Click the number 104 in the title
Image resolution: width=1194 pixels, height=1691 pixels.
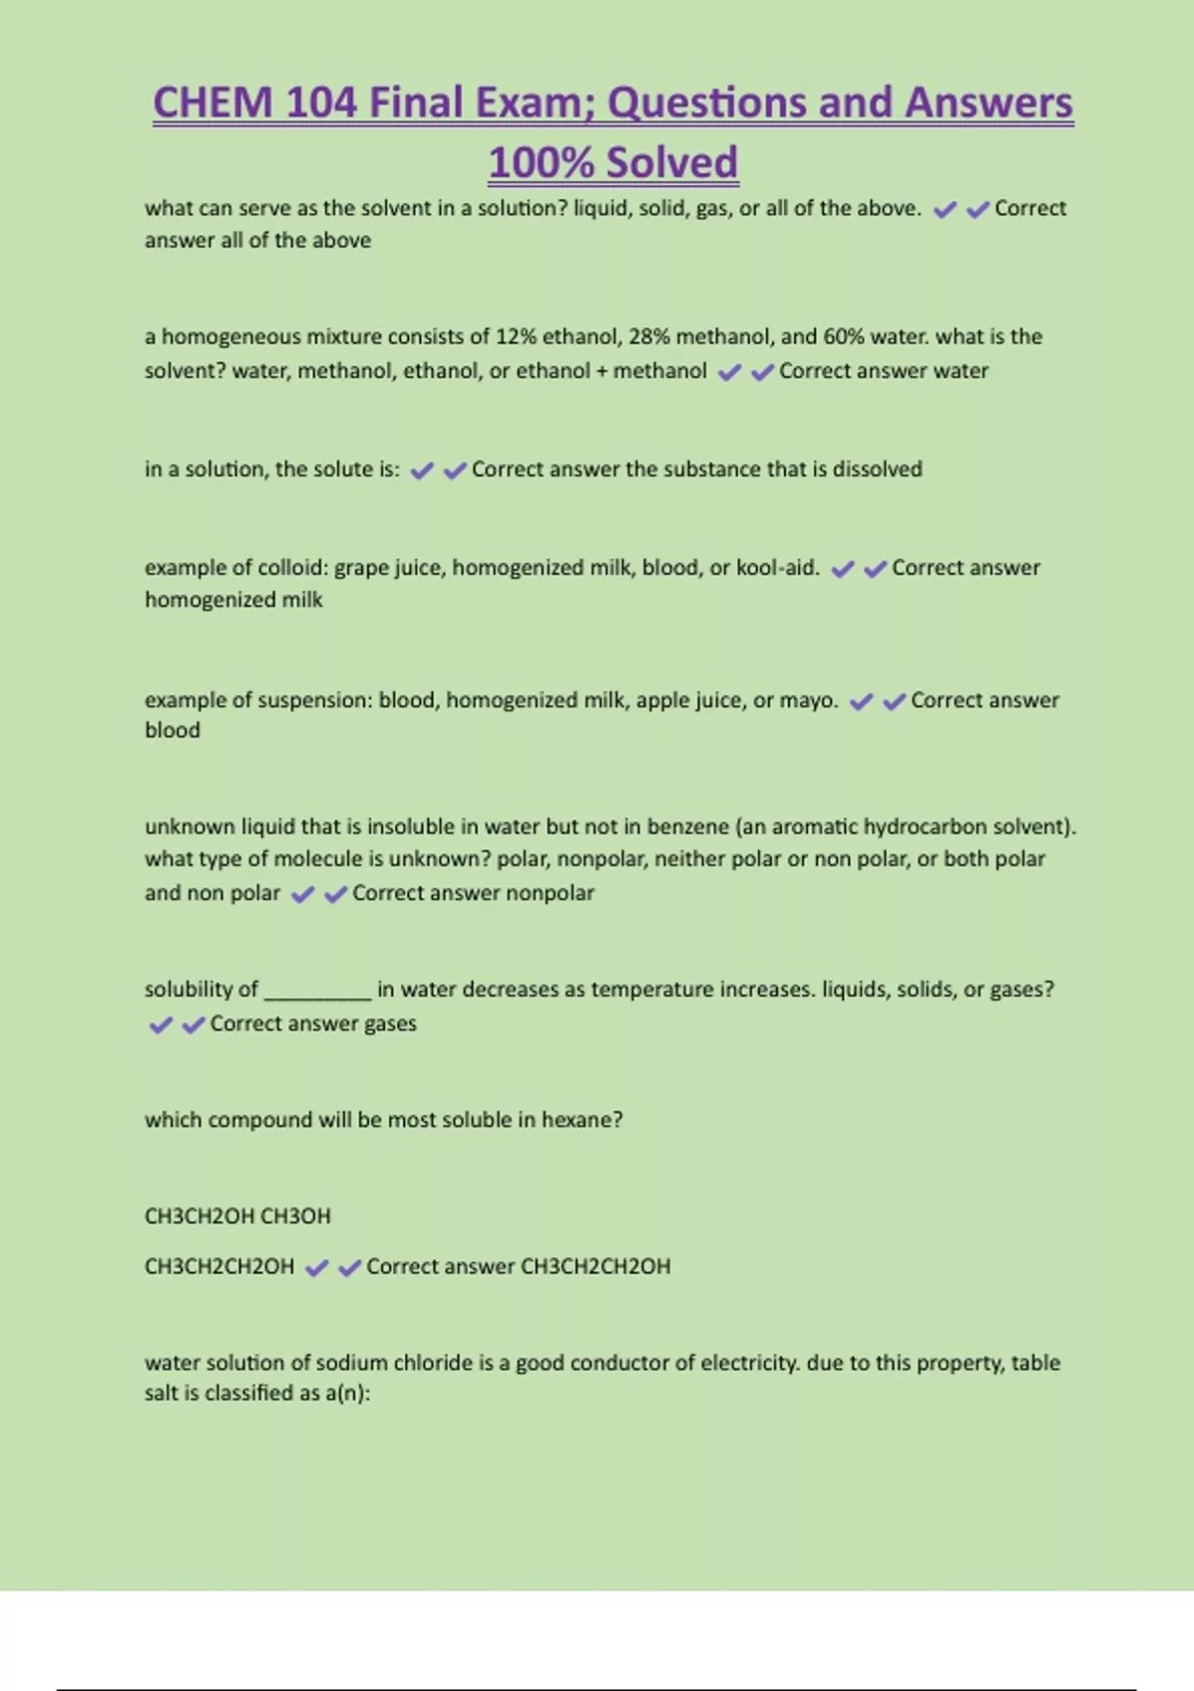[x=320, y=103]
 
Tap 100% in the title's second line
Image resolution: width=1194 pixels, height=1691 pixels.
[x=541, y=163]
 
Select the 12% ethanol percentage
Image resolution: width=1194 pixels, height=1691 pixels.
[x=515, y=337]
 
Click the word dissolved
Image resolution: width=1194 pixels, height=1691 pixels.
[x=877, y=470]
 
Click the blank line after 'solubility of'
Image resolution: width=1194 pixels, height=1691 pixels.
[x=317, y=991]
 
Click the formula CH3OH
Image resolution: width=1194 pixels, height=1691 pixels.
[x=296, y=1217]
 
